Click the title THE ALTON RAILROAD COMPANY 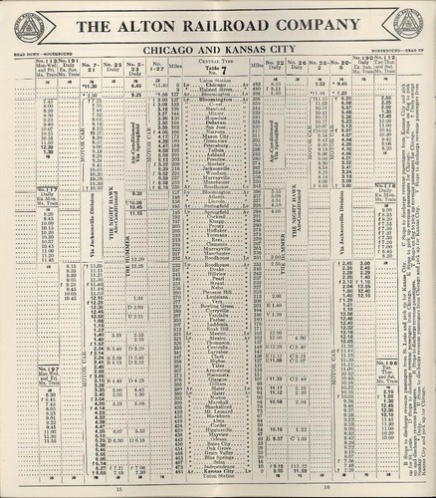point(217,26)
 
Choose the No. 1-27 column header point(160,66)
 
